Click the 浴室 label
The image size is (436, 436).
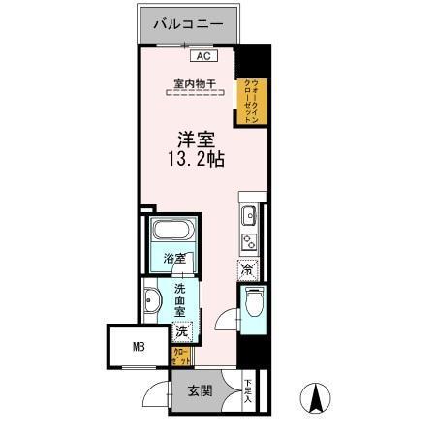[x=174, y=260]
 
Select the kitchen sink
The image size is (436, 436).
[x=247, y=215]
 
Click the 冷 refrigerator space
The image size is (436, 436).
[x=248, y=268]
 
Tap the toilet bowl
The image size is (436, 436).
[x=254, y=303]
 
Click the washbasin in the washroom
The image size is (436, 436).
[x=153, y=304]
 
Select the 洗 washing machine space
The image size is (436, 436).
[x=181, y=331]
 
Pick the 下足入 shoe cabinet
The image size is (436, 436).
[x=248, y=389]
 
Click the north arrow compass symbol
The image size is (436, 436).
[x=317, y=398]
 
